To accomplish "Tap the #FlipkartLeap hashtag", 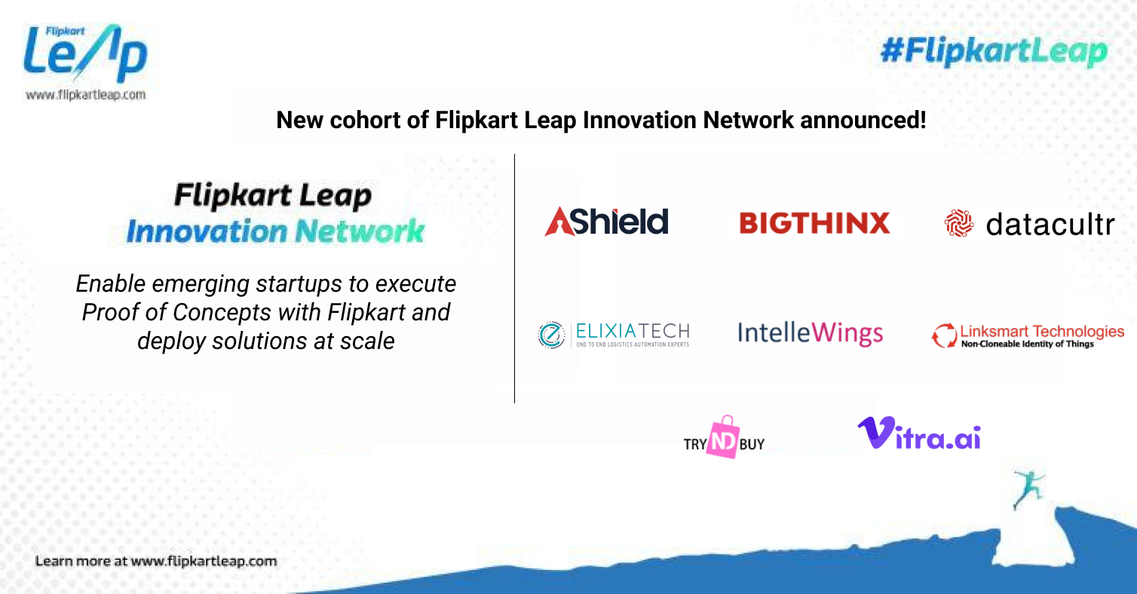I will tap(994, 52).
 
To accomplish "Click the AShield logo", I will tap(606, 222).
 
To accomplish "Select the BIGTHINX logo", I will tap(814, 223).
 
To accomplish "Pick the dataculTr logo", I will tap(1028, 224).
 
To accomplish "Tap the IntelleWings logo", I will tap(810, 333).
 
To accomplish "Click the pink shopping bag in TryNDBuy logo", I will tap(723, 438).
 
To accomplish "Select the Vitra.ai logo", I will tap(918, 434).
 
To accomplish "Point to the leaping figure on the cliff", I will tap(1028, 487).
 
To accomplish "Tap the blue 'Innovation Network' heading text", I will tap(274, 231).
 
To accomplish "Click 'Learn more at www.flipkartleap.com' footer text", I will tap(156, 562).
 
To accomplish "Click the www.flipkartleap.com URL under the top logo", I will tap(85, 96).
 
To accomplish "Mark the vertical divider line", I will tap(514, 279).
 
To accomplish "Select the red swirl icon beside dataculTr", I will tap(959, 224).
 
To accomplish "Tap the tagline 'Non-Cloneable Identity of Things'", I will tap(1027, 344).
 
